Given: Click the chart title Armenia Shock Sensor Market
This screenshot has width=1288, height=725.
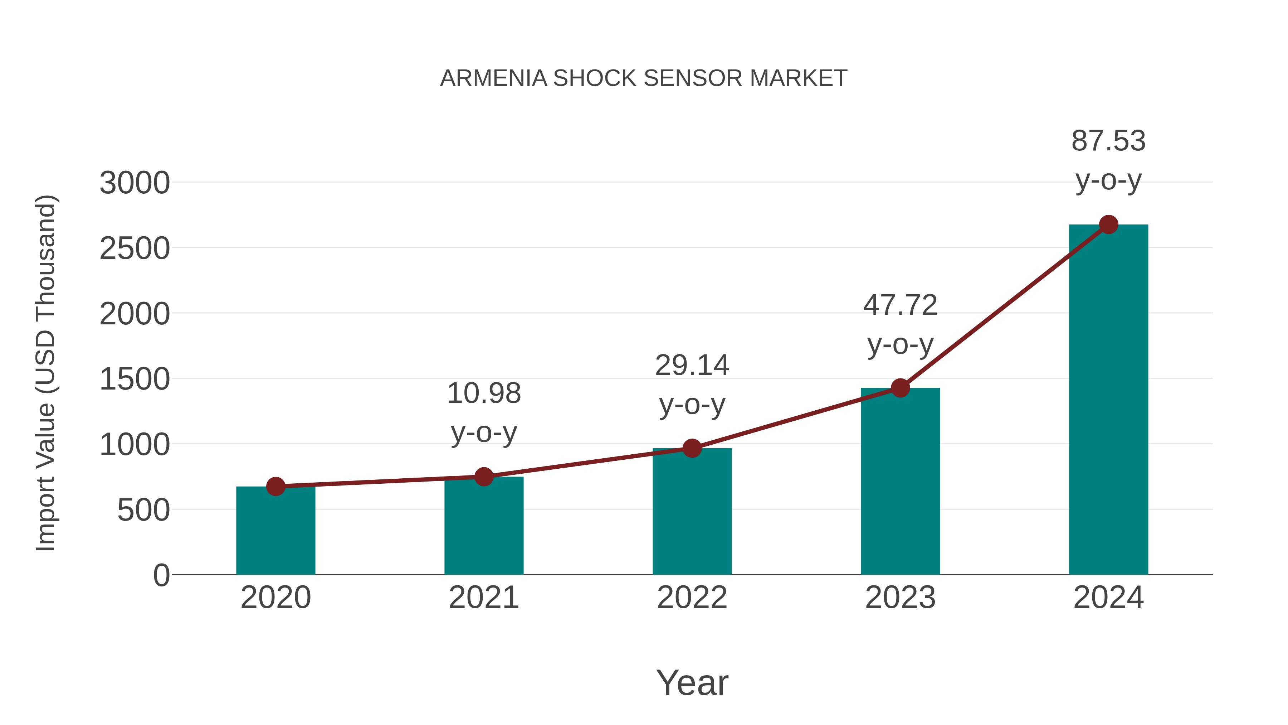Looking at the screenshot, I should pyautogui.click(x=644, y=78).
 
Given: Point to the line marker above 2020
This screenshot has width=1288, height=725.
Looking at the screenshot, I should pyautogui.click(x=275, y=486).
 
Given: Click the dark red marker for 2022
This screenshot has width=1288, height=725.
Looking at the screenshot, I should pyautogui.click(x=692, y=448).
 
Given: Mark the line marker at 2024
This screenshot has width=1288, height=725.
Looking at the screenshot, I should pyautogui.click(x=1108, y=224).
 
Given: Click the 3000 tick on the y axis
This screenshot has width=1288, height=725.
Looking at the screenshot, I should pyautogui.click(x=135, y=183).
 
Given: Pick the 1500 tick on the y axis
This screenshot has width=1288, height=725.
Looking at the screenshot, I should pyautogui.click(x=135, y=379).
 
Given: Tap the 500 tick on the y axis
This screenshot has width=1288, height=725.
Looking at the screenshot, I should pyautogui.click(x=143, y=510).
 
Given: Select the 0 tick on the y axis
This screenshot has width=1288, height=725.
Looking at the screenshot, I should pyautogui.click(x=161, y=575).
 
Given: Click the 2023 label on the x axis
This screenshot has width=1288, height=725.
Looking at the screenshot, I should pyautogui.click(x=900, y=598).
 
